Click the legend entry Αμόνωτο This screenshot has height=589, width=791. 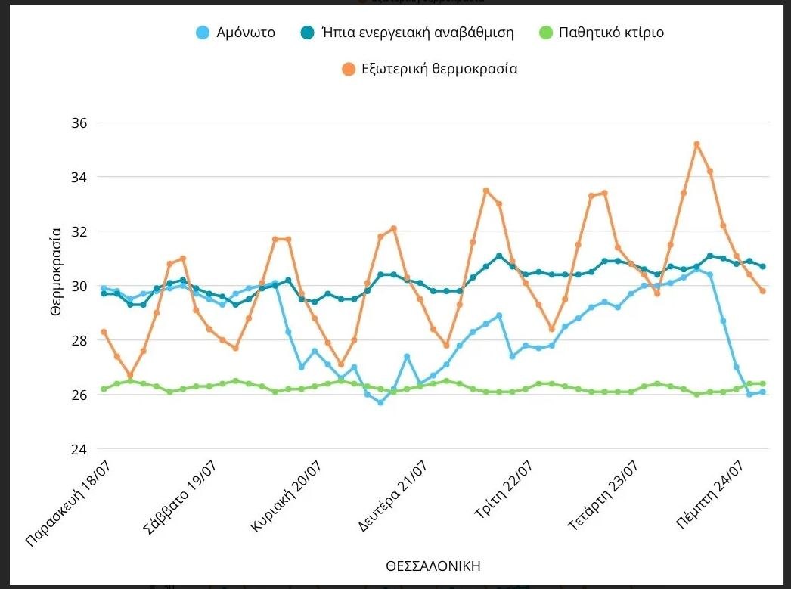click(x=234, y=33)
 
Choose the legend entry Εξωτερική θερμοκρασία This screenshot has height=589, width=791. click(x=429, y=69)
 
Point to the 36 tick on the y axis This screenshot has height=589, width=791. click(x=79, y=122)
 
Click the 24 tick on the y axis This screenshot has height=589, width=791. click(x=79, y=449)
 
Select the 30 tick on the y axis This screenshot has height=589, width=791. click(x=79, y=286)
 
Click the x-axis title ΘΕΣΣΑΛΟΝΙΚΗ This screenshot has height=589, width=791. click(x=433, y=566)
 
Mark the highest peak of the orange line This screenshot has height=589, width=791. click(x=696, y=144)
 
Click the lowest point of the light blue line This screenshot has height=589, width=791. click(x=380, y=402)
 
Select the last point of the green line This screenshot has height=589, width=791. click(x=763, y=383)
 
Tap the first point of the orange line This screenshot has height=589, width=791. click(x=104, y=332)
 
